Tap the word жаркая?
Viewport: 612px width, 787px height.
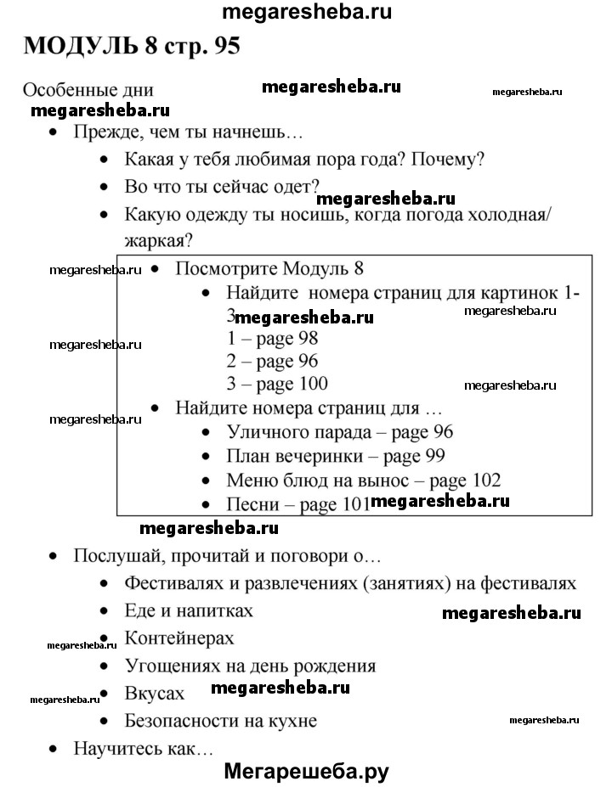pos(157,240)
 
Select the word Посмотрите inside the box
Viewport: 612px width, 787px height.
pos(223,269)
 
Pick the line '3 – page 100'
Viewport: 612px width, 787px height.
pos(277,383)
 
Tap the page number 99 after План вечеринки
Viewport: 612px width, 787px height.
pos(434,456)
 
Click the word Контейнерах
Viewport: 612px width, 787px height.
pos(178,638)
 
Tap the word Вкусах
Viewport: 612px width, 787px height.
pos(154,693)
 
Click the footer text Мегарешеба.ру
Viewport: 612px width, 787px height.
pos(307,771)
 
